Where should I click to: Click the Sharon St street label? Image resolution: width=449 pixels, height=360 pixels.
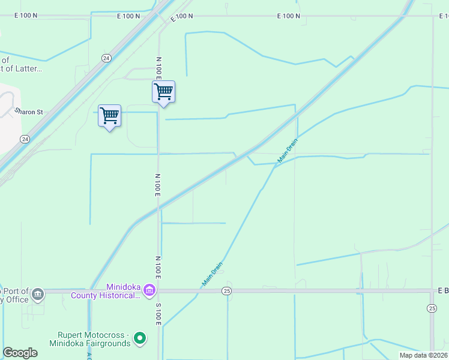pyautogui.click(x=29, y=112)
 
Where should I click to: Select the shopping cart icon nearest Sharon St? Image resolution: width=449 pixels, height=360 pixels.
pyautogui.click(x=109, y=116)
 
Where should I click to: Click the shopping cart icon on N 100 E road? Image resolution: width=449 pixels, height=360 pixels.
pyautogui.click(x=163, y=92)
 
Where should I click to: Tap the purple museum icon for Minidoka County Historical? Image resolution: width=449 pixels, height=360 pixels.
pyautogui.click(x=149, y=291)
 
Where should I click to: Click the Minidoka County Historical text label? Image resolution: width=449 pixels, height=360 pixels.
pyautogui.click(x=106, y=291)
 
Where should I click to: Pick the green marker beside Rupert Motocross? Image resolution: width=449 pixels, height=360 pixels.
pyautogui.click(x=140, y=339)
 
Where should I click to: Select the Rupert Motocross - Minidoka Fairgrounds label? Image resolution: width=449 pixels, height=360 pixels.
pyautogui.click(x=94, y=339)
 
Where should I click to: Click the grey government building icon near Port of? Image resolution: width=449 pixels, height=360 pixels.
pyautogui.click(x=38, y=294)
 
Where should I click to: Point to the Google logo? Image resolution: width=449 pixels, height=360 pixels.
pyautogui.click(x=20, y=353)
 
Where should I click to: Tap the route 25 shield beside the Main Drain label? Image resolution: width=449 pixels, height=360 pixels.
pyautogui.click(x=226, y=291)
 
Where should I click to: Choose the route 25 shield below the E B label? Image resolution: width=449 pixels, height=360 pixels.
pyautogui.click(x=432, y=308)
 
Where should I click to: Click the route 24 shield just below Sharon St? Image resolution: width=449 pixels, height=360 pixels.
pyautogui.click(x=24, y=139)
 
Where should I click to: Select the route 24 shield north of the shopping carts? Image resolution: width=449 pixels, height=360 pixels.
pyautogui.click(x=106, y=58)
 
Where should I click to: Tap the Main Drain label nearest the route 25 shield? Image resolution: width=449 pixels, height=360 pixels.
pyautogui.click(x=212, y=274)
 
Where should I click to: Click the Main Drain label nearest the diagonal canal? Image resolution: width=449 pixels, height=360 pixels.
pyautogui.click(x=288, y=151)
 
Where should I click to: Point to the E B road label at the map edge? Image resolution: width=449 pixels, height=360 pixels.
pyautogui.click(x=443, y=290)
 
